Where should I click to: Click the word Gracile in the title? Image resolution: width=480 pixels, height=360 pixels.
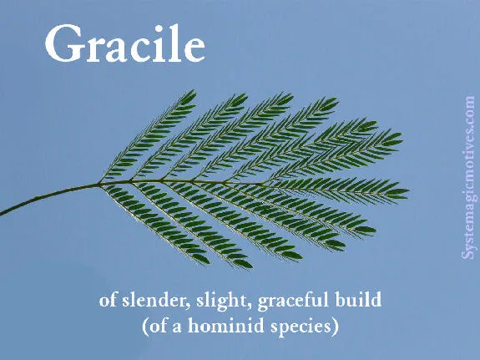point(124,45)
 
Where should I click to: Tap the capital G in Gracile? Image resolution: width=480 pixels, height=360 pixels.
point(63,45)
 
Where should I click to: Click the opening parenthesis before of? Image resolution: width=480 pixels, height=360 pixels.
point(144,327)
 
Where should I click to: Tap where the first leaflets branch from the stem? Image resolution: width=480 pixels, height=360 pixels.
point(102,185)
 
